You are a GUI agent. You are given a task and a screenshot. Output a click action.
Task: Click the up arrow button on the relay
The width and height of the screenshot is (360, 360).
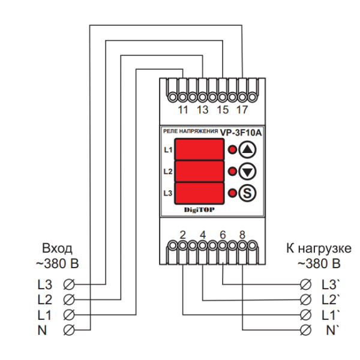point(247,149)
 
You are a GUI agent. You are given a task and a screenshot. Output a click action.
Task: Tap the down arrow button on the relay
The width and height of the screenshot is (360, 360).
point(247,172)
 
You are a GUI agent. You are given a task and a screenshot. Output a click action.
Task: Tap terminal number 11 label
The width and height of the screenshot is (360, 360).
point(184,110)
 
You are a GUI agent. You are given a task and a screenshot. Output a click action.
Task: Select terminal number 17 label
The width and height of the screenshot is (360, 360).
point(242,110)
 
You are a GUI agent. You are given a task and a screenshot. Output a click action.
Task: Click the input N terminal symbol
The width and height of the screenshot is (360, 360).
point(70,329)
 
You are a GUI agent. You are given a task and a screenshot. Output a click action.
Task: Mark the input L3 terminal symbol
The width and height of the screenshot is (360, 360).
point(70,283)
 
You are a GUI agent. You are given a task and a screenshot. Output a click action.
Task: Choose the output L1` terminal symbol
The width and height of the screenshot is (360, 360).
point(305,314)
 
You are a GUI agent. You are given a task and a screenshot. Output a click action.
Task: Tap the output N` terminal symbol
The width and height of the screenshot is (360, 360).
point(305,329)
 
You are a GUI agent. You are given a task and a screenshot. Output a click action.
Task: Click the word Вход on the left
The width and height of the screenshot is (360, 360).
point(57,248)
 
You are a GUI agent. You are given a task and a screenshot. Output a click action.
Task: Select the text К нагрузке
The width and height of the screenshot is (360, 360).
point(318,248)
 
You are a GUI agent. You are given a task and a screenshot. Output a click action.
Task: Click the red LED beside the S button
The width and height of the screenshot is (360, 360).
point(231,193)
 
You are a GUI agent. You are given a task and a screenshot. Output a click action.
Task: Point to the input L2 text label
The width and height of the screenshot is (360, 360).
point(44,299)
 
